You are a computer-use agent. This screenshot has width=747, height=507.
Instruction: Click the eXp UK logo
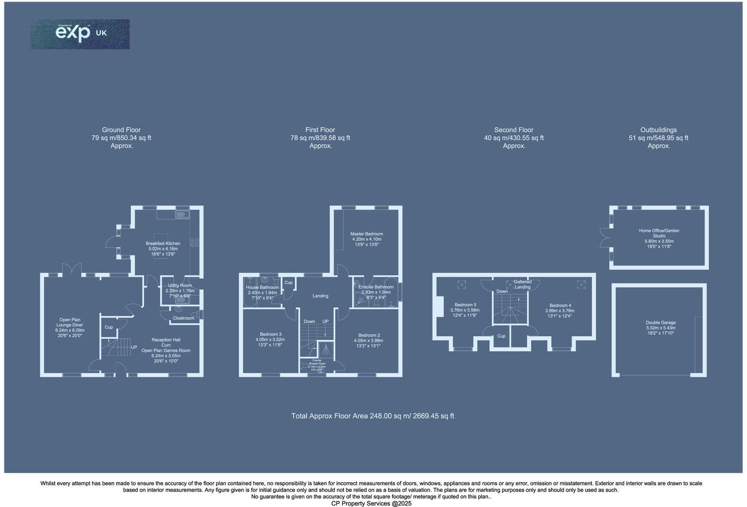click(80, 34)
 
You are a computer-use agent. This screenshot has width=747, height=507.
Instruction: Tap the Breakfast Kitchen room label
click(163, 243)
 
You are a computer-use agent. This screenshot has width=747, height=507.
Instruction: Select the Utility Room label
click(180, 285)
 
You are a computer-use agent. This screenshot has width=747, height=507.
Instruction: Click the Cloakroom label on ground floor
click(183, 318)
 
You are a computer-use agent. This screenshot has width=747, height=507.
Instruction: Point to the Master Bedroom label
click(366, 234)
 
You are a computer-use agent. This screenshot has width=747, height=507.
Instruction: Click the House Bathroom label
click(262, 287)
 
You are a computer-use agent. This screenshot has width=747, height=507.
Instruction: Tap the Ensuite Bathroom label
click(376, 287)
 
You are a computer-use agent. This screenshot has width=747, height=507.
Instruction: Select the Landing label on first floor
click(320, 296)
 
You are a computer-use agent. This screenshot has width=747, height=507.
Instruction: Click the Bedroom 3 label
click(270, 334)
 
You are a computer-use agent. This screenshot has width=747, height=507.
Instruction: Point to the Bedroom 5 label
click(465, 305)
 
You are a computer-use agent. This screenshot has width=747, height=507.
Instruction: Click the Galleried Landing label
click(522, 284)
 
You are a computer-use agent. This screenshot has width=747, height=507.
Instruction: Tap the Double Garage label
click(661, 323)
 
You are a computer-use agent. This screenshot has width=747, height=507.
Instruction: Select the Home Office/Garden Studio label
click(659, 233)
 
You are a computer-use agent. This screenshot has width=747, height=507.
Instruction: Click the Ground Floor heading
click(121, 130)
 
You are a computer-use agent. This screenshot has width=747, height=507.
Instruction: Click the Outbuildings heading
click(659, 130)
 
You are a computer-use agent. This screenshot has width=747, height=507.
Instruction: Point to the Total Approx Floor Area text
click(373, 416)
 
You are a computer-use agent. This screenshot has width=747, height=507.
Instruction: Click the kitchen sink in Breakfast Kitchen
click(182, 215)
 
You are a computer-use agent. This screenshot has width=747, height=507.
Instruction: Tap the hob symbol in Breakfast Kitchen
click(195, 243)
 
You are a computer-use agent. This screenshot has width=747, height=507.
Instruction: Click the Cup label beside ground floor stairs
click(108, 327)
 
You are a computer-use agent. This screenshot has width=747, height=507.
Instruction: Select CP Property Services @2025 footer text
click(371, 503)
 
